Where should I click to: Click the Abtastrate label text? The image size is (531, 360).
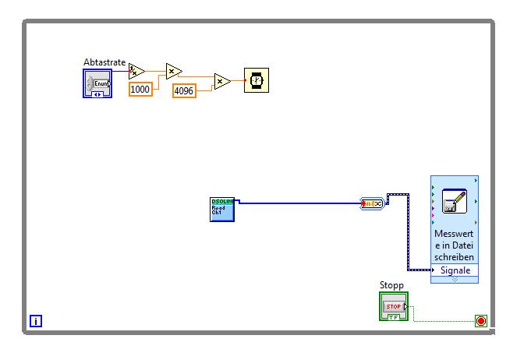pos(104,62)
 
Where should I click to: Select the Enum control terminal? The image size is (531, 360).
pos(97,83)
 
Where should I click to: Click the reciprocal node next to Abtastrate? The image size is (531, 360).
pos(136,72)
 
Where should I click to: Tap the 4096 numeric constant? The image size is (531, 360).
pos(185,90)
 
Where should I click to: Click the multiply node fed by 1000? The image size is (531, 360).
pos(173,72)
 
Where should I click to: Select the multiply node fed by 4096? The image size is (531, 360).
pos(222,80)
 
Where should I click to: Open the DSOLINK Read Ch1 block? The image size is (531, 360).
pos(222,209)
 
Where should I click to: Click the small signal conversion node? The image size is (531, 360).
pos(373,204)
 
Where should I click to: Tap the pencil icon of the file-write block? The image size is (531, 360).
pos(454,201)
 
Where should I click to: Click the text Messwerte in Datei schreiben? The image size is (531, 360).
pos(455,245)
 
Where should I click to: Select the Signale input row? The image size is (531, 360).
pos(455,270)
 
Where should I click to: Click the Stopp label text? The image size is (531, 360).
pos(391,285)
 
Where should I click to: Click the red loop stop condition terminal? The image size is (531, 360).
pos(480,321)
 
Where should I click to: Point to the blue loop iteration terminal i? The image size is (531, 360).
pos(36,320)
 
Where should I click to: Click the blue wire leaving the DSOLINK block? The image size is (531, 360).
pos(296,203)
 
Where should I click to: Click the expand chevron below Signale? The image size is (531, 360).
pos(455,278)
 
